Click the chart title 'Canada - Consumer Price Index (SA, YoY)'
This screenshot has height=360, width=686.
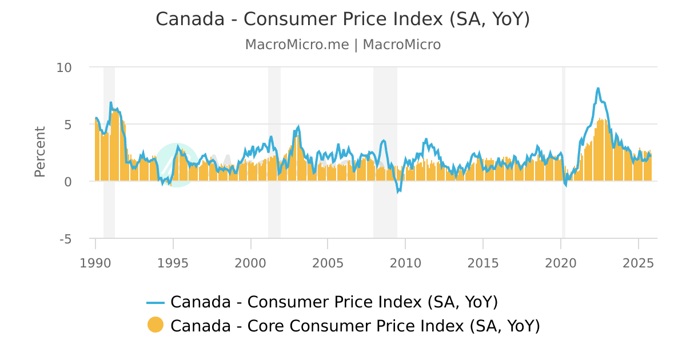[x=343, y=19]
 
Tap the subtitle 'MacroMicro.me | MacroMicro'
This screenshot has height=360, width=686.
[x=343, y=45]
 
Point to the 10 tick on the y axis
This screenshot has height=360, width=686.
[x=64, y=67]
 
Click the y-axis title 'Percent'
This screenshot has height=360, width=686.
[x=39, y=152]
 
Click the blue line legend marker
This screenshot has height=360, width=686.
[x=155, y=302]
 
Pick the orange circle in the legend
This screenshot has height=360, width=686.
[x=155, y=325]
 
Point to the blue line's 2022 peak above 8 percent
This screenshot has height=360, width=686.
[x=598, y=89]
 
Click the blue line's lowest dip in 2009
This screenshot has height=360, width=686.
[x=398, y=192]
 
